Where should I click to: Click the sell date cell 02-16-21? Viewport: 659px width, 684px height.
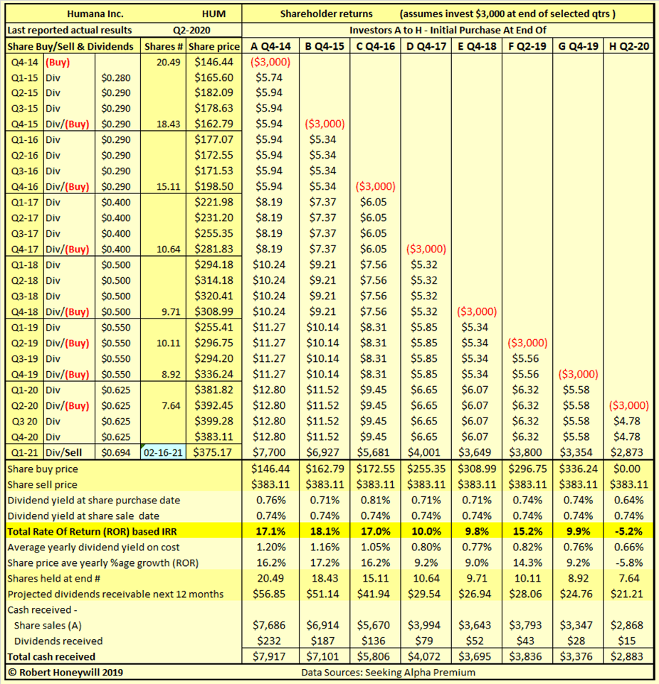164,452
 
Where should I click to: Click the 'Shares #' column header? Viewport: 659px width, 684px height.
164,46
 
